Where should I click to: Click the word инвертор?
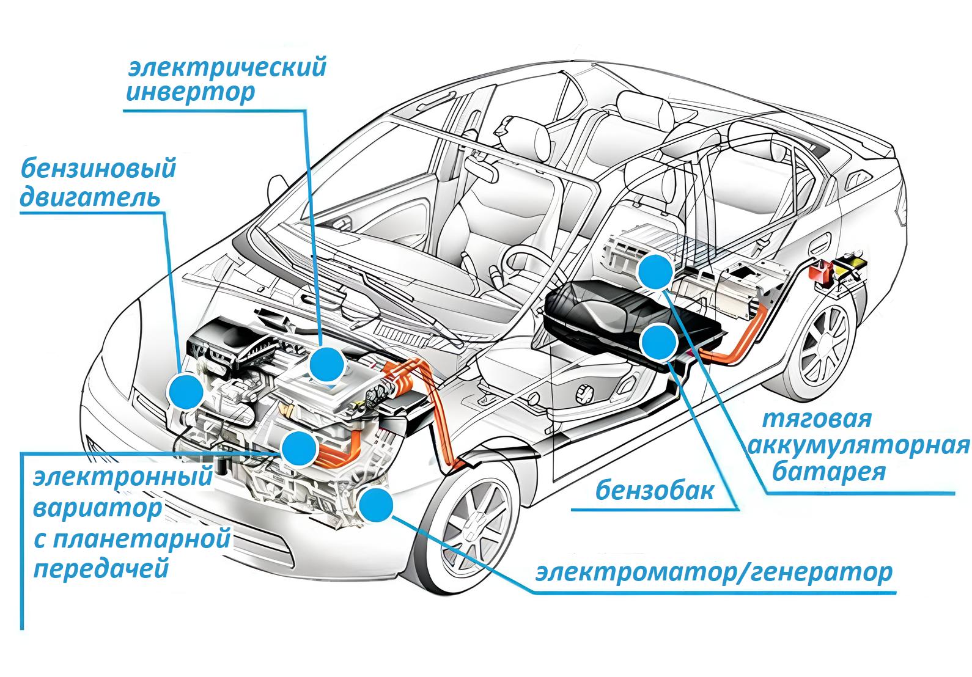190,93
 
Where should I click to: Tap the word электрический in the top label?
227,67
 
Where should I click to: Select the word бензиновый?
98,168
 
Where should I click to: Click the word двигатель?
90,198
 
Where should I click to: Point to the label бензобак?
655,491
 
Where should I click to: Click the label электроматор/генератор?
714,573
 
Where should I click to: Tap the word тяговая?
817,420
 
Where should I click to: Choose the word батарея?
829,472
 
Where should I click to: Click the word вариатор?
98,508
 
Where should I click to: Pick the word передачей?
101,569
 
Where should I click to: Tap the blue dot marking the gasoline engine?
186,392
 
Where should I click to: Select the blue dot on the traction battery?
655,272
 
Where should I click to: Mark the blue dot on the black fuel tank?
658,343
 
